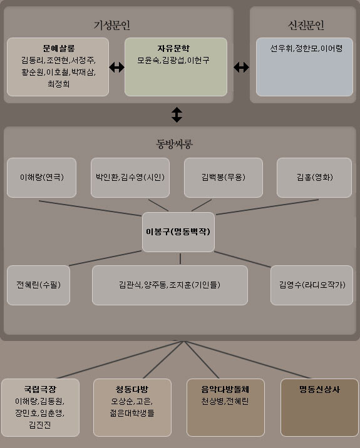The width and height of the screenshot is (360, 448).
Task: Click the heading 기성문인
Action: point(112,25)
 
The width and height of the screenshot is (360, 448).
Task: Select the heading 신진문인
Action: point(306,25)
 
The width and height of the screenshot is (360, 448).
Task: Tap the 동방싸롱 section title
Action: point(174,143)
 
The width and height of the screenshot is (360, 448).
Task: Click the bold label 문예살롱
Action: point(59,48)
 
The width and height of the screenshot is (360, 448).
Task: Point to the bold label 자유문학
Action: point(173,48)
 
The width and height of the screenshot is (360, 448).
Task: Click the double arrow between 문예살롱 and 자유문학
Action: point(116,68)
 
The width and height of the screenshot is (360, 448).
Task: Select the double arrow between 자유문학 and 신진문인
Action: point(241,68)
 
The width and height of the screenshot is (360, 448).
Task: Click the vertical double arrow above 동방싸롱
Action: point(177,115)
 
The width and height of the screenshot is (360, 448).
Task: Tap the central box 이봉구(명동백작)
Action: point(178,232)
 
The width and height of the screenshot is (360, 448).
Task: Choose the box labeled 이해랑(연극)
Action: point(41,178)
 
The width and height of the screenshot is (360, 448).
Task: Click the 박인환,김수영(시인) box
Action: point(130,178)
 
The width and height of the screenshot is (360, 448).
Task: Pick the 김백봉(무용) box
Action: point(224,178)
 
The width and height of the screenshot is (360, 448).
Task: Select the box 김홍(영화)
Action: point(314,178)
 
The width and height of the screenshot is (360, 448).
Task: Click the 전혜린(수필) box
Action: point(38,285)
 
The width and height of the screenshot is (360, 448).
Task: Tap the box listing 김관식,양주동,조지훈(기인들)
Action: point(170,285)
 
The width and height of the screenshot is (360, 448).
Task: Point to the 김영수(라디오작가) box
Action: point(312,285)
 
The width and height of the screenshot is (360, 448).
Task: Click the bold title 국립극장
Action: point(40,389)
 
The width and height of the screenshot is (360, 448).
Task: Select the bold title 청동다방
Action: point(132,389)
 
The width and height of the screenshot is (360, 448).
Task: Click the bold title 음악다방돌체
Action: point(225,389)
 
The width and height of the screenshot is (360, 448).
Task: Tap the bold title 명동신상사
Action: point(319,389)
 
